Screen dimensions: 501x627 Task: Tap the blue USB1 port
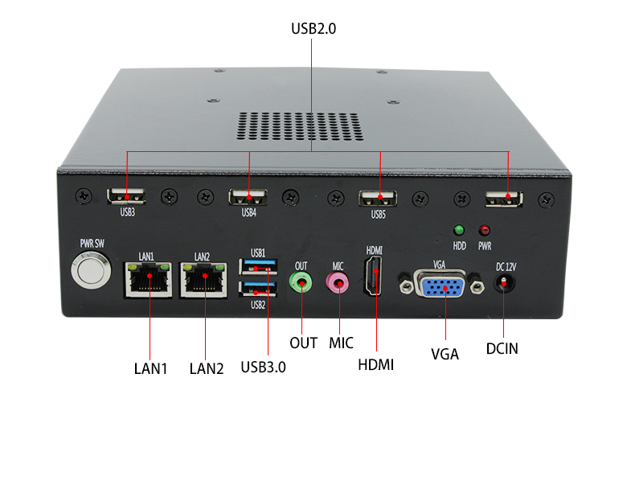click(258, 266)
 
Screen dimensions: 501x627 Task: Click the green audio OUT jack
click(301, 281)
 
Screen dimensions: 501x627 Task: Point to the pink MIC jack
click(338, 281)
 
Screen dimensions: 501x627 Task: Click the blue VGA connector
click(440, 284)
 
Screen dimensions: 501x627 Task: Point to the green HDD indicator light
click(460, 230)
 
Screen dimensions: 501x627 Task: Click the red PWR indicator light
click(485, 230)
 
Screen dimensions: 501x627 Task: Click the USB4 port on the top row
click(249, 197)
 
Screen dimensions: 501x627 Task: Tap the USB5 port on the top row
click(379, 197)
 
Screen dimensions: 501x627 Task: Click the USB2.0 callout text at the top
click(313, 28)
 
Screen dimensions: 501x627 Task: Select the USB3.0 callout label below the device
click(263, 367)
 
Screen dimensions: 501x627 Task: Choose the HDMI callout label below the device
click(375, 364)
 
